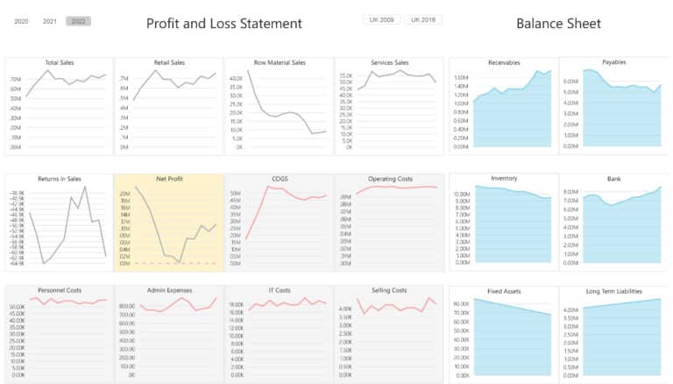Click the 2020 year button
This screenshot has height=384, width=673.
[22, 21]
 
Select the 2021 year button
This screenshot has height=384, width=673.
[50, 21]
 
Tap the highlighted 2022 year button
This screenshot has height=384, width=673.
[78, 21]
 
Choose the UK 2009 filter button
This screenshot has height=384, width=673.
[381, 19]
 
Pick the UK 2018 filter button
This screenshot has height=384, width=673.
[422, 19]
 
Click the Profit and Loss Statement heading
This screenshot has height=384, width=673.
[223, 24]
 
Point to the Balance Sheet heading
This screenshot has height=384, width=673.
[558, 24]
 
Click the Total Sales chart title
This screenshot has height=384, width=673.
[59, 63]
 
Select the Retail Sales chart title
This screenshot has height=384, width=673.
[168, 63]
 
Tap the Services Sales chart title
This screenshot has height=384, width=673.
[389, 63]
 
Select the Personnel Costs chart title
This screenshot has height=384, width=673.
[59, 290]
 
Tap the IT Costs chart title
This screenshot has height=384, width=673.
[279, 290]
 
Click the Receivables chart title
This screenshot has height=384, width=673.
[504, 63]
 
